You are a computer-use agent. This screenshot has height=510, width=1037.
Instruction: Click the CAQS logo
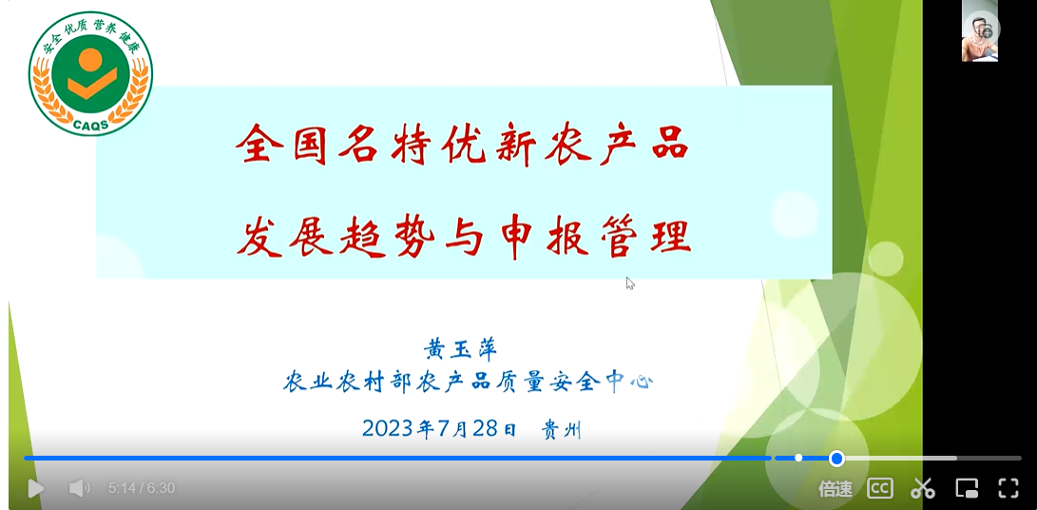click(x=90, y=73)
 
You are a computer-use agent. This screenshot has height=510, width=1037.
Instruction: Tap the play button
click(x=36, y=489)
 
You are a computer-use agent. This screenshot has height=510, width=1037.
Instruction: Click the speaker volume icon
click(x=79, y=489)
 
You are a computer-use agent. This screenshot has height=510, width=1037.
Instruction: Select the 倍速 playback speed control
click(x=835, y=489)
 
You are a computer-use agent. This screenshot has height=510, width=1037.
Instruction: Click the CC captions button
click(x=879, y=489)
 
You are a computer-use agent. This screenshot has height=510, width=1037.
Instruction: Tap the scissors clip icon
click(x=922, y=489)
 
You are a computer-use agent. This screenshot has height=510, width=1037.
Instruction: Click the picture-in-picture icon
click(x=967, y=489)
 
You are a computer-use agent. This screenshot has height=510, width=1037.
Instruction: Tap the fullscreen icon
click(x=1008, y=489)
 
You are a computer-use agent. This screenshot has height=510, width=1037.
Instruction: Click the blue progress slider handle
click(x=836, y=459)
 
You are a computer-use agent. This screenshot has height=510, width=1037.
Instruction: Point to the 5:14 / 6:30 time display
click(x=142, y=489)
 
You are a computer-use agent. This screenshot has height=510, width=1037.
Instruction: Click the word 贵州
click(x=562, y=430)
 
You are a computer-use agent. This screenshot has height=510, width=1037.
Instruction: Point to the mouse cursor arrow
click(x=629, y=283)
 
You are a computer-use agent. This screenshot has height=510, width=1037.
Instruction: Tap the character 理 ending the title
click(x=671, y=236)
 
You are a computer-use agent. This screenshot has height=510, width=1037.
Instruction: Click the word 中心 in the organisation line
click(x=629, y=382)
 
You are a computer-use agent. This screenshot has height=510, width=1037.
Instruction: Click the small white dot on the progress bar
click(x=798, y=458)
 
